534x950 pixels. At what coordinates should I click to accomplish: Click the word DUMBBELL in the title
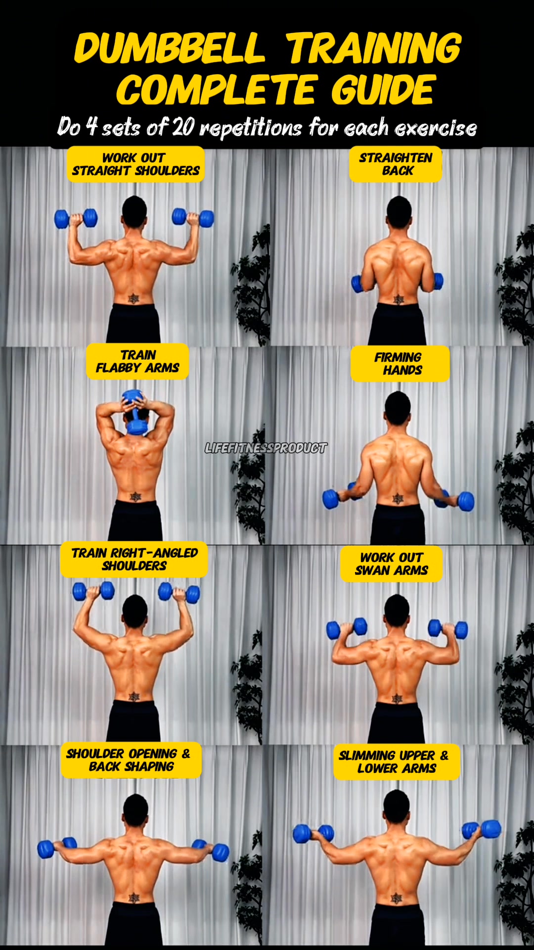point(170,48)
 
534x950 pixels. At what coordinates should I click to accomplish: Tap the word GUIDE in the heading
point(384,90)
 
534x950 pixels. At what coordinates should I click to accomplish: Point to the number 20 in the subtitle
point(183,127)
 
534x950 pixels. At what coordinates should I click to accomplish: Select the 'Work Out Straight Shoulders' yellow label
point(135,164)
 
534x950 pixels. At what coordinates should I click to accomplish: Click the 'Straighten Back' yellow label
point(396,164)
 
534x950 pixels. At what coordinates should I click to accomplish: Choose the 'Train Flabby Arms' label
point(137,362)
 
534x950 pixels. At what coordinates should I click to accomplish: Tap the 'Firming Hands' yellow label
point(400,364)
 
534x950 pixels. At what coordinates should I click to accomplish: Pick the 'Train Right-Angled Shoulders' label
point(134,560)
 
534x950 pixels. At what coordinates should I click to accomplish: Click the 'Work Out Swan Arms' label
point(391,564)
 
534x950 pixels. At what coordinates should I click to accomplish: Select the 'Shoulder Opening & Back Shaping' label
point(131,760)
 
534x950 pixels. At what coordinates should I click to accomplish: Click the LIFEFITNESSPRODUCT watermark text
point(266,448)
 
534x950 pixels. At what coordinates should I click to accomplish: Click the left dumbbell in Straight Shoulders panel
point(76,219)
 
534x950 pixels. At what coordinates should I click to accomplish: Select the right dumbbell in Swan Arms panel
point(448,629)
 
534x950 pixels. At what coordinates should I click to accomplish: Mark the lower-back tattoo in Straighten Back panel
point(398,300)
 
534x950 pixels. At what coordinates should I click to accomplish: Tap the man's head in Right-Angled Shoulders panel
point(134,612)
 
